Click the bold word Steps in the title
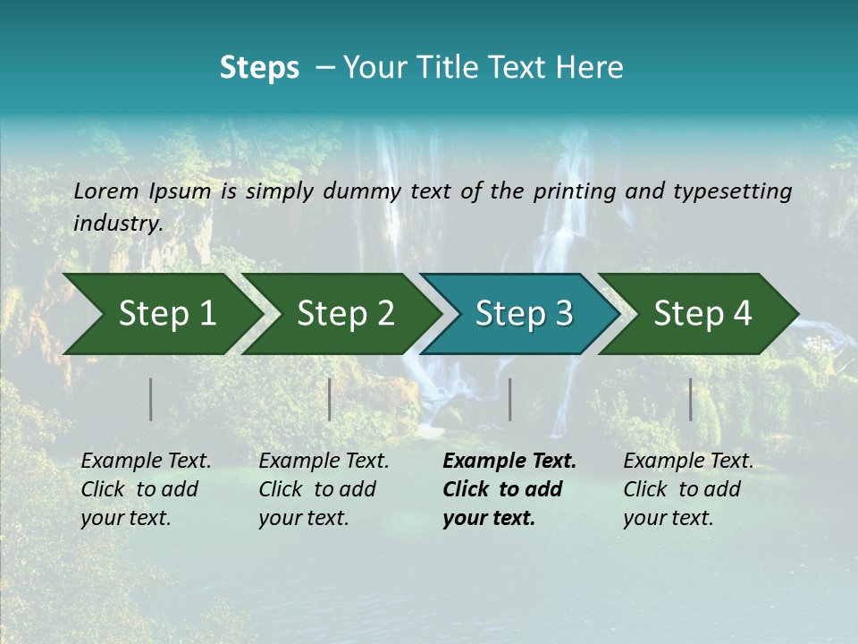point(259,68)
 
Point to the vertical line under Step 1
point(151,399)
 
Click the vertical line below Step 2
point(330,399)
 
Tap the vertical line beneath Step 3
point(510,399)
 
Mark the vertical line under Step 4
point(691,399)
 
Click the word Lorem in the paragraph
point(106,191)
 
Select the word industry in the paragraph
point(118,223)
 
